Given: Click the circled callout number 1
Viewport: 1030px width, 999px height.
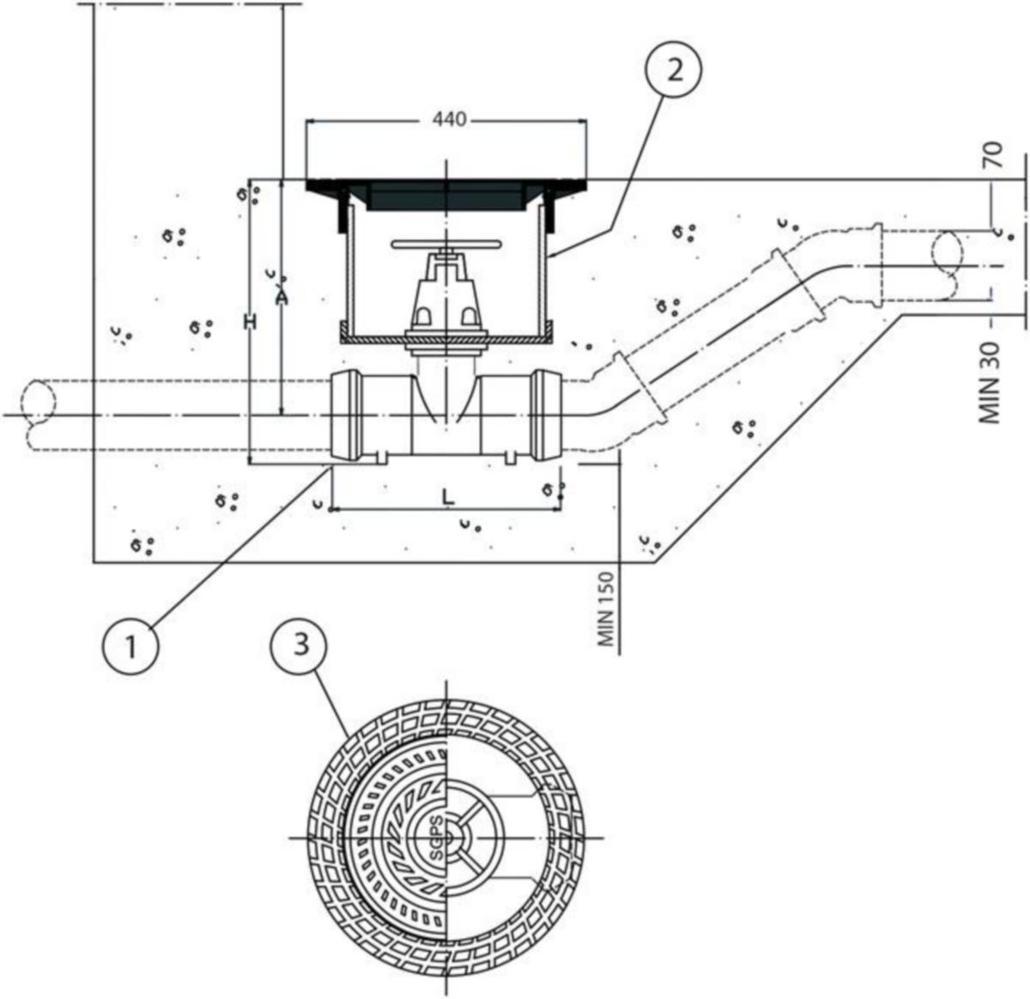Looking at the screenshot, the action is click(x=130, y=645).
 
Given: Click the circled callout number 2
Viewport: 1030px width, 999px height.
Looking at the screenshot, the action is click(x=673, y=70).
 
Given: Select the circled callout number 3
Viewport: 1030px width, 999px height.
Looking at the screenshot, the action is click(x=300, y=645).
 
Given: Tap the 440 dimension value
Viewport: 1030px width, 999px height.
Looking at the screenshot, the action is click(x=449, y=119).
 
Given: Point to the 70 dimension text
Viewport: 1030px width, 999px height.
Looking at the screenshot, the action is click(x=995, y=155).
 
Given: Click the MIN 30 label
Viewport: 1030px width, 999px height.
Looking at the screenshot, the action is click(x=989, y=383).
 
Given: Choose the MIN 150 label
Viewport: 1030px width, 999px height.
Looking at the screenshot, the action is click(x=607, y=608).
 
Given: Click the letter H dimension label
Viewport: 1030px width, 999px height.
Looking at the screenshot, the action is click(x=251, y=321).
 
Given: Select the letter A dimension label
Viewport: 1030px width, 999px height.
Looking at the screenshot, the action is click(x=282, y=297).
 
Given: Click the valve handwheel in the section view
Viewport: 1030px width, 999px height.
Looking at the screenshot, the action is click(x=445, y=244).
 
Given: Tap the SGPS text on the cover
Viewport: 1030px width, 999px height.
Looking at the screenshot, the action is click(x=438, y=846).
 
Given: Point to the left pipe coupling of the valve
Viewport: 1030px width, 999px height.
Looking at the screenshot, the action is click(x=346, y=415).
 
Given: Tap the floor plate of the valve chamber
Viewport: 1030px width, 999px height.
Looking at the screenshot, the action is click(x=445, y=340).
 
